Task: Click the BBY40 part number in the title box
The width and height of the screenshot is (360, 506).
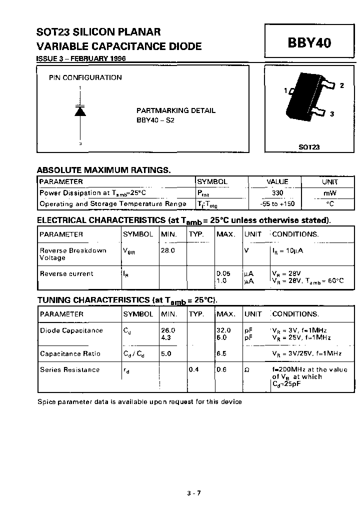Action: [309, 43]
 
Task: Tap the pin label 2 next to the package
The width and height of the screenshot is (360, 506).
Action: [342, 85]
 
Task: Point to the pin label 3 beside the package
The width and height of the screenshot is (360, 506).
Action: [332, 114]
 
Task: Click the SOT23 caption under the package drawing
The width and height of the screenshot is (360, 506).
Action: [309, 147]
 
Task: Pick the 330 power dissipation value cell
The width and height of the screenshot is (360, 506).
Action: [277, 193]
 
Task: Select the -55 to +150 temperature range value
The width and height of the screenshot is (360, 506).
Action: [277, 204]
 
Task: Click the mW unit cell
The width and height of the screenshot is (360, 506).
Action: [330, 193]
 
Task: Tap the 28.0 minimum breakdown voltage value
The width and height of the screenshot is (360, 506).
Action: [167, 250]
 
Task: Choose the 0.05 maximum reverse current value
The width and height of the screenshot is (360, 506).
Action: [223, 273]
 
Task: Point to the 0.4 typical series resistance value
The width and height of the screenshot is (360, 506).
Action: [193, 369]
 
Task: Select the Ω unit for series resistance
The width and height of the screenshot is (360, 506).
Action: [246, 370]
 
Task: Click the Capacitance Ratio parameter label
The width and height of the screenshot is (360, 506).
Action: [70, 353]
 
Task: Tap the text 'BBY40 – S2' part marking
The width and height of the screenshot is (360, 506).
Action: [155, 120]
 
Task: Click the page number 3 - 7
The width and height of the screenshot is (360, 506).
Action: [194, 492]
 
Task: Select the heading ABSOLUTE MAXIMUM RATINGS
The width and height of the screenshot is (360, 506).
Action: [104, 170]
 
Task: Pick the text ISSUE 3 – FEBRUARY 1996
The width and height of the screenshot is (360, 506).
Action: [81, 58]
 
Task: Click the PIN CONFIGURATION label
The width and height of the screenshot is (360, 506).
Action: [85, 77]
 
